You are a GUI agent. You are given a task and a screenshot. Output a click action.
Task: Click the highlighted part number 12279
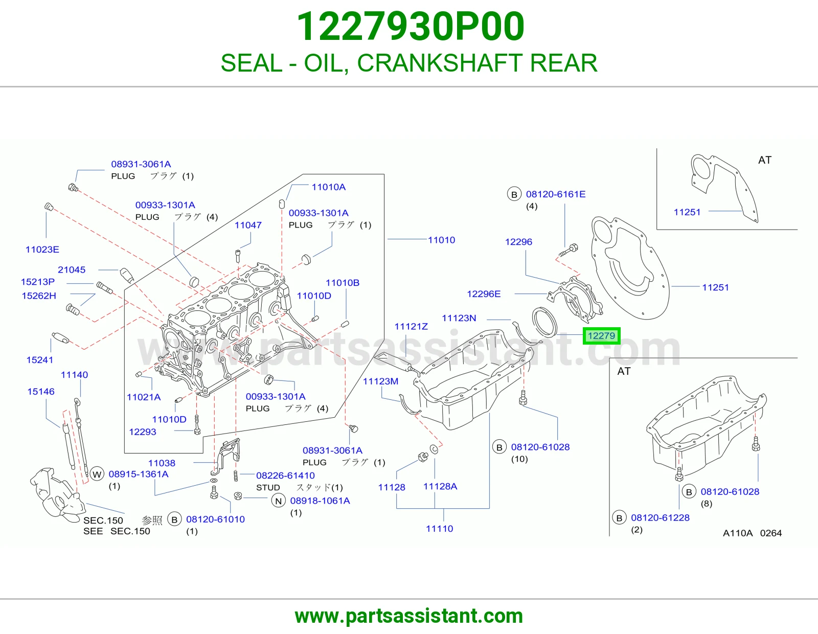pyautogui.click(x=601, y=335)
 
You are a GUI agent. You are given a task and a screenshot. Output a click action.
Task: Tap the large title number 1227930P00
pyautogui.click(x=411, y=27)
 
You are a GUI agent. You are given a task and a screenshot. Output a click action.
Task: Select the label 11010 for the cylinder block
pyautogui.click(x=441, y=240)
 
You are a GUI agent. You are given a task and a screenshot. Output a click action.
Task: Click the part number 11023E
pyautogui.click(x=42, y=249)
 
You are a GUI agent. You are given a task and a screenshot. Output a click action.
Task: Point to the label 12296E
pyautogui.click(x=484, y=293)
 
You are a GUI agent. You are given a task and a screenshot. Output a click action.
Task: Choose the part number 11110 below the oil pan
pyautogui.click(x=439, y=529)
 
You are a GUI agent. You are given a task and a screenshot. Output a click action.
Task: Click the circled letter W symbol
pyautogui.click(x=97, y=474)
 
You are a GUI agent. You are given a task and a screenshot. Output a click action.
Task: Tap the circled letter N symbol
pyautogui.click(x=279, y=501)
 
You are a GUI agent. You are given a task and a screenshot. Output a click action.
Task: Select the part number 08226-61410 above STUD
pyautogui.click(x=285, y=475)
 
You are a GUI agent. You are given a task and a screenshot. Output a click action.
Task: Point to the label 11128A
pyautogui.click(x=440, y=486)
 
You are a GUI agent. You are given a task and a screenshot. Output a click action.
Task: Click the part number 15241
pyautogui.click(x=39, y=360)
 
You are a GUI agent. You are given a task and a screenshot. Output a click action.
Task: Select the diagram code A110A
pyautogui.click(x=738, y=533)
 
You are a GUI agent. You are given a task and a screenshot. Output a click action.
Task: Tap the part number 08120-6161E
pyautogui.click(x=556, y=194)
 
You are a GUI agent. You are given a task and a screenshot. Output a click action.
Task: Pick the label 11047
pyautogui.click(x=248, y=225)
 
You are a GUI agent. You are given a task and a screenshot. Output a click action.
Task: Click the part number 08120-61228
pyautogui.click(x=660, y=517)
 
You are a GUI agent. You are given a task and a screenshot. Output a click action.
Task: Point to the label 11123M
pyautogui.click(x=380, y=381)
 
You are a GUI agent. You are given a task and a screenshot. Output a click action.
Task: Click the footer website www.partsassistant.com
pyautogui.click(x=409, y=616)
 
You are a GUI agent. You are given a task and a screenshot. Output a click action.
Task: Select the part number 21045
pyautogui.click(x=72, y=269)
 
